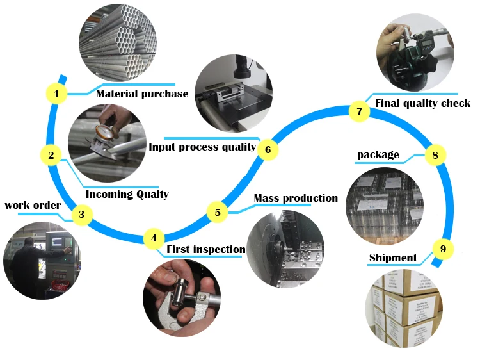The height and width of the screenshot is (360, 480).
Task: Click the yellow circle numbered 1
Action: click(56, 95)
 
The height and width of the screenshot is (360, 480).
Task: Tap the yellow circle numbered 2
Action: click(51, 154)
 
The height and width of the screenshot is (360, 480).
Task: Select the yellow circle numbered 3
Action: click(81, 215)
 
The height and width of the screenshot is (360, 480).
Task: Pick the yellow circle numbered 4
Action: click(154, 238)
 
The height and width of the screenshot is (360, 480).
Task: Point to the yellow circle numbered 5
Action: click(218, 211)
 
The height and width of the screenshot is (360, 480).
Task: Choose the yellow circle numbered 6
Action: click(268, 150)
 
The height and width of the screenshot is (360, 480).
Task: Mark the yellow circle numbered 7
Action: click(359, 111)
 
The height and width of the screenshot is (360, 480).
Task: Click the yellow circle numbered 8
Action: click(435, 154)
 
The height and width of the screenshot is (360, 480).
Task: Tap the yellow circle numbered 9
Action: click(443, 248)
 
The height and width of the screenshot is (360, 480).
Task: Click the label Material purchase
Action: click(142, 94)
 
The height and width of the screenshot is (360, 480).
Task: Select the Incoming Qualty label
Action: click(127, 194)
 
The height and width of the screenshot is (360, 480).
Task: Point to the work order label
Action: click(33, 205)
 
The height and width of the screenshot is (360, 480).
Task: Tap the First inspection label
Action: click(205, 249)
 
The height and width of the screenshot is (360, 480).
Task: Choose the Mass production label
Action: click(296, 198)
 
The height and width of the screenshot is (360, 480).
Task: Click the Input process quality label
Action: click(202, 147)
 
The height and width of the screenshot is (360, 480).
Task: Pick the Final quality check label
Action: click(422, 103)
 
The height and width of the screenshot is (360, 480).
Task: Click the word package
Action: click(378, 154)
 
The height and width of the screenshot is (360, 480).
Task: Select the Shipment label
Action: click(392, 258)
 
